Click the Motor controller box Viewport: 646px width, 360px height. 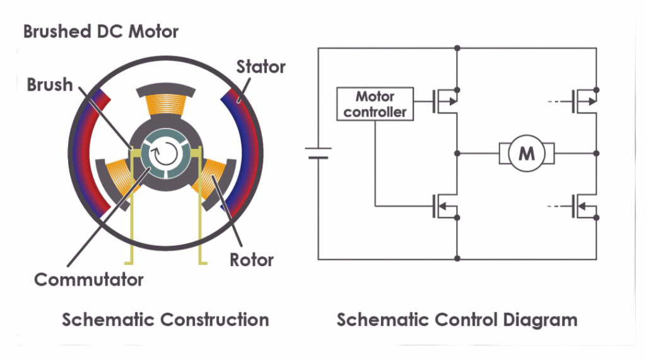[x=375, y=105]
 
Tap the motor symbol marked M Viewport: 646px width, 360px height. [x=526, y=153]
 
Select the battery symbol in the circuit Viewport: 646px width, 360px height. [x=318, y=153]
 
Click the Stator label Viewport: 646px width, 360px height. [x=261, y=66]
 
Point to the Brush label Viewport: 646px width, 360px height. [x=50, y=84]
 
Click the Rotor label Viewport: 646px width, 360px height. [x=252, y=259]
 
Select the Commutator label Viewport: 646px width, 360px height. [x=88, y=279]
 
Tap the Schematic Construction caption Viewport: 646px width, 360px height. [x=165, y=320]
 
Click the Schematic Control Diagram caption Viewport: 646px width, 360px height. [x=457, y=320]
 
